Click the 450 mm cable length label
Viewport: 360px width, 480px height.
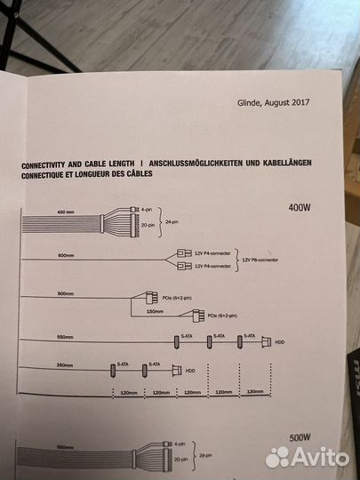tap(67, 212)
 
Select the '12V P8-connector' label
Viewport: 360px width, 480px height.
tap(259, 260)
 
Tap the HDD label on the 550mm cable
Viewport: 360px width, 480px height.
tap(278, 340)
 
